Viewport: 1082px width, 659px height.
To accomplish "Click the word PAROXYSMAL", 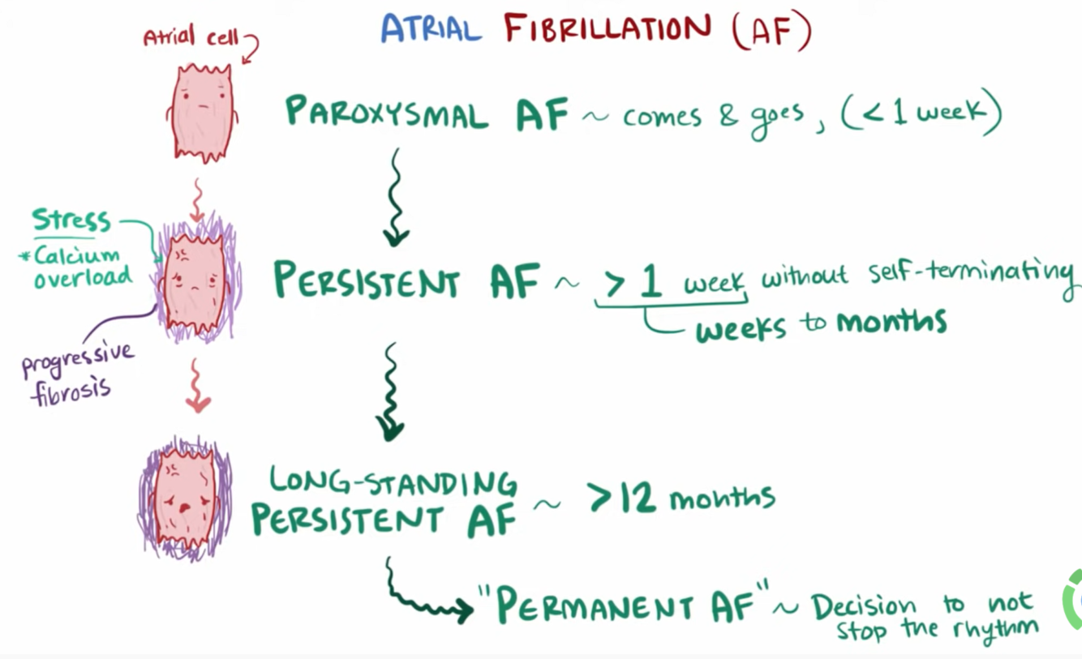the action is tap(387, 113).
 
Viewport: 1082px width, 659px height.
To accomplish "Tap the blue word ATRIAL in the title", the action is tap(430, 30).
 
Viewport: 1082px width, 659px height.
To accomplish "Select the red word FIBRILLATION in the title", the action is tap(607, 30).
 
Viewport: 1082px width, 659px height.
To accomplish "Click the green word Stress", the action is tap(71, 220).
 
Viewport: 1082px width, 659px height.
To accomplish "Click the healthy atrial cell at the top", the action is tap(201, 111).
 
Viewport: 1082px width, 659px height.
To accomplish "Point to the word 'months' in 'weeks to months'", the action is tap(891, 322).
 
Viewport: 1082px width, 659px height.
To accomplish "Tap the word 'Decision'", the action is tap(864, 606).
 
